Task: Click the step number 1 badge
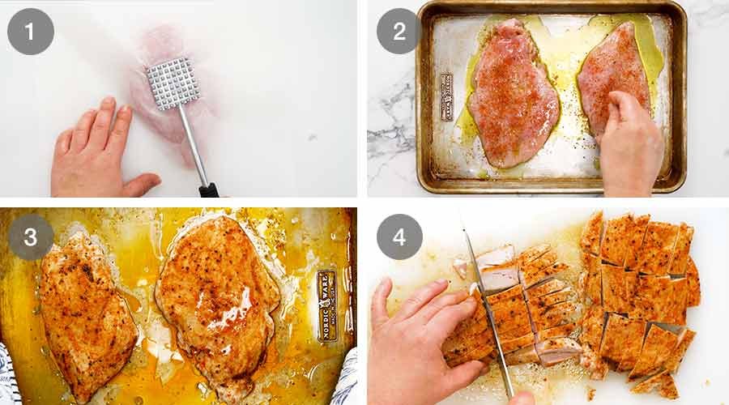(x=31, y=32)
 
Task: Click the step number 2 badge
(x=399, y=32)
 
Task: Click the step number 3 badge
(x=31, y=237)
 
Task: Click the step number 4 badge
(x=399, y=237)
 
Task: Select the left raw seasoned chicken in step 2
(x=512, y=93)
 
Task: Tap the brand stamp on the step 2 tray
(x=446, y=97)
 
